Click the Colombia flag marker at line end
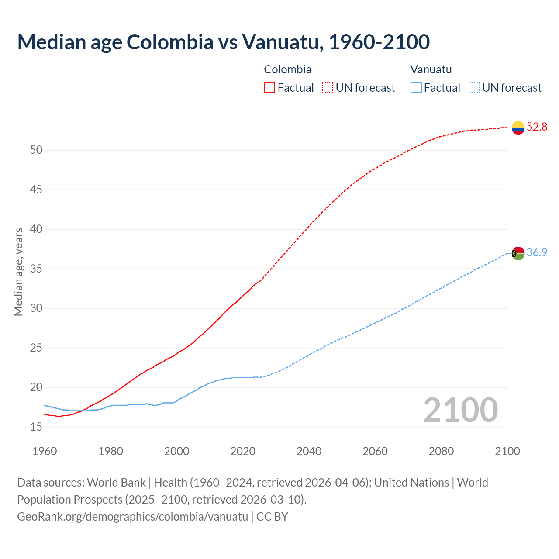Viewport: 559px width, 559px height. click(518, 128)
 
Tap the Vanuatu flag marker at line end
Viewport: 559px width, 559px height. click(518, 253)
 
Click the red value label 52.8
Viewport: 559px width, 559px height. click(537, 127)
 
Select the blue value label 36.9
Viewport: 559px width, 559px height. click(537, 253)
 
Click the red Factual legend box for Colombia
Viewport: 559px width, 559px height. click(269, 87)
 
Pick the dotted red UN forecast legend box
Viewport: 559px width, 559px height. click(328, 87)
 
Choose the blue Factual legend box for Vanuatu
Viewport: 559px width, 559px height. click(416, 87)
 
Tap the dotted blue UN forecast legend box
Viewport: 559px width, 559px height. click(474, 87)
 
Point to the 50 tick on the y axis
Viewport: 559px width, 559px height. click(36, 150)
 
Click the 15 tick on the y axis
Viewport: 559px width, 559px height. click(36, 427)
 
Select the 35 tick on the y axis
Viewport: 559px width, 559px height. click(36, 269)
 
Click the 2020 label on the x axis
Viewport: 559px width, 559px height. click(243, 451)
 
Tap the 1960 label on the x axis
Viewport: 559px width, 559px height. click(45, 451)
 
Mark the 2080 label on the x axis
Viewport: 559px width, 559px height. click(441, 451)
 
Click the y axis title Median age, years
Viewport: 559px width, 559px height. click(18, 272)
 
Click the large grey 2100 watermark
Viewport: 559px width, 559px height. click(460, 410)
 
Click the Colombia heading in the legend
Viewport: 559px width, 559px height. click(287, 69)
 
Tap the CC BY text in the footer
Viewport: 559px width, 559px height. click(272, 517)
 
